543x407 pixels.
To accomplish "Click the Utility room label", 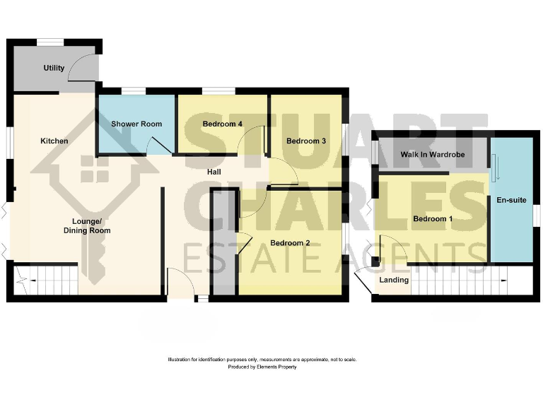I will coord(54,68).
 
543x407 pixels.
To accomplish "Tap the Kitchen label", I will coord(54,141).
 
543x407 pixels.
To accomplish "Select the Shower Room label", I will coord(136,124).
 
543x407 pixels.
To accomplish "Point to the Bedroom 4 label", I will coord(223,124).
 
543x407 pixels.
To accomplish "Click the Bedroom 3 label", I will coord(305,141).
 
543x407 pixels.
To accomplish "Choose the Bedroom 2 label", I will coord(290,243).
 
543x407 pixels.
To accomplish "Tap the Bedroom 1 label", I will coord(432,218).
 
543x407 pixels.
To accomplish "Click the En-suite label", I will coord(511,200).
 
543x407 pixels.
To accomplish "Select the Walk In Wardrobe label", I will coord(431,154).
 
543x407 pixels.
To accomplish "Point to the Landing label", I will coord(394,280).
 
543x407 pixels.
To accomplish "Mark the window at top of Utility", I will coord(50,42).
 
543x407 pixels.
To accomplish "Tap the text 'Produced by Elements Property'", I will coord(262,367).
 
